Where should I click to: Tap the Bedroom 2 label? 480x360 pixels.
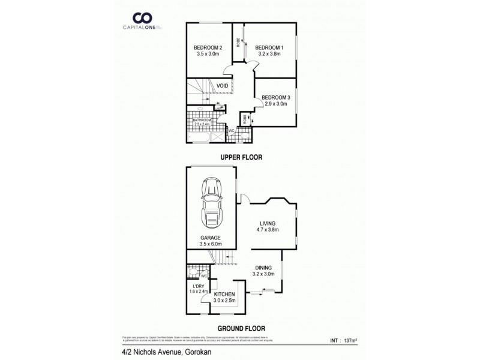click(208, 48)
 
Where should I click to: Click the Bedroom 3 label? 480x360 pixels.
click(277, 98)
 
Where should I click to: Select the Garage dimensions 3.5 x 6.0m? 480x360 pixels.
click(211, 244)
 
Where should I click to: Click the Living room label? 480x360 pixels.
click(268, 223)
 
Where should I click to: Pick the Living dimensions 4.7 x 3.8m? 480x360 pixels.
click(268, 229)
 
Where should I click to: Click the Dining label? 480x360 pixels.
click(263, 268)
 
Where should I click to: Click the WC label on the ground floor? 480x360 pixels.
click(204, 277)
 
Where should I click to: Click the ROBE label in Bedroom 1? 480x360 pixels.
click(238, 43)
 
